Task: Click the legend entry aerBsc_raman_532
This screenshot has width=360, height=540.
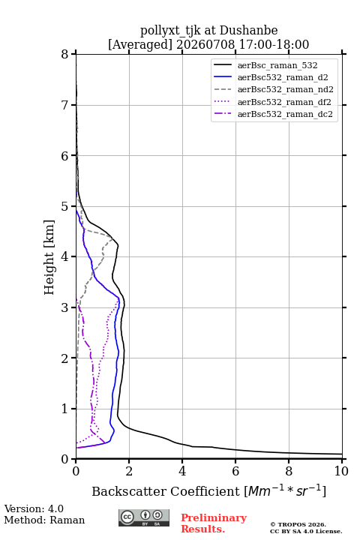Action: [x=265, y=65]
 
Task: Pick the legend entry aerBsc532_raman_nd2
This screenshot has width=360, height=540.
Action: [x=274, y=89]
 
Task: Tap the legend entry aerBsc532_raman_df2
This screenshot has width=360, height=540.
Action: [x=272, y=102]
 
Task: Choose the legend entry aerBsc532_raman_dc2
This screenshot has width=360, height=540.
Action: [x=273, y=114]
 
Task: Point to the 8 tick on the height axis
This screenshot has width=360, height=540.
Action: [x=64, y=55]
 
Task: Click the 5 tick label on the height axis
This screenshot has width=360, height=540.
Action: [x=64, y=206]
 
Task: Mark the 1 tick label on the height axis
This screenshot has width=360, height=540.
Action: [x=64, y=409]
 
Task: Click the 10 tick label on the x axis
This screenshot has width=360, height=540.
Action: [x=341, y=471]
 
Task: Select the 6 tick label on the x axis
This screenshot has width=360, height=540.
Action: [x=235, y=471]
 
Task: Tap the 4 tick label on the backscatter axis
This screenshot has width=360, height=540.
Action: [x=182, y=471]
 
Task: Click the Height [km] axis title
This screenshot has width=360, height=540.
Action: [x=49, y=257]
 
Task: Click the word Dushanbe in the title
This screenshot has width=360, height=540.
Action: [x=248, y=30]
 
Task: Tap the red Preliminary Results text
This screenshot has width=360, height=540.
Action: [x=214, y=523]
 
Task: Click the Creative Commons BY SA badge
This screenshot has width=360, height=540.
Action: [x=144, y=518]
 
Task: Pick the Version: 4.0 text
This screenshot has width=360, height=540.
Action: [x=34, y=508]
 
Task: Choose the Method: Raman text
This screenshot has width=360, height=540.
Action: [x=44, y=520]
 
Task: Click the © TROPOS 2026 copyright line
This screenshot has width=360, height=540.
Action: [x=298, y=524]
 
